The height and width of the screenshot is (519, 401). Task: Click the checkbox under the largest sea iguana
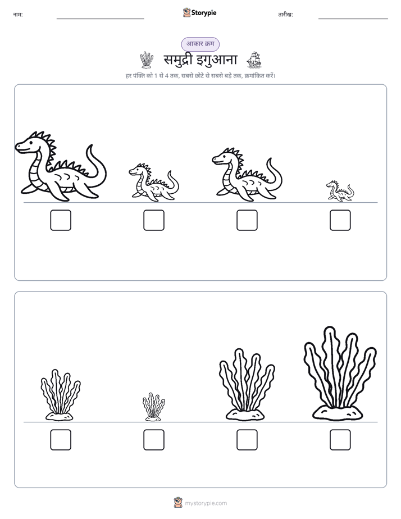pos(61,220)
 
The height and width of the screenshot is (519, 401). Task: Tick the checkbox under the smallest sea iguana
pos(340,220)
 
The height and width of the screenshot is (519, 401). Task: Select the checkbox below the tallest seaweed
pos(340,440)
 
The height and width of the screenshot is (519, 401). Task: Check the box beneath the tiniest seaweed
pos(154,440)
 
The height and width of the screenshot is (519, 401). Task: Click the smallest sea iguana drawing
pos(340,191)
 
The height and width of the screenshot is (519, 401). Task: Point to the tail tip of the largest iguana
pos(90,145)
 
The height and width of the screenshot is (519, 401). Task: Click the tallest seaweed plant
pos(340,374)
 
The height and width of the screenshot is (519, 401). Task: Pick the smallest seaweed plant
pos(153,407)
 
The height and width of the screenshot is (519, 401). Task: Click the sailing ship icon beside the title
pos(254,60)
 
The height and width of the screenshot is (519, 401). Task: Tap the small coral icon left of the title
pos(147,60)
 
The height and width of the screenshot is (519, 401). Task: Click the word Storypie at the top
pos(204,12)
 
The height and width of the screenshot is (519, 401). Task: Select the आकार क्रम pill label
pos(200,44)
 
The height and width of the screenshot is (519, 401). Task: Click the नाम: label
pos(18,15)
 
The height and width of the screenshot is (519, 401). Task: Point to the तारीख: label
pos(285,15)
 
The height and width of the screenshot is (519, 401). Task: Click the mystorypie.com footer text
pos(206,503)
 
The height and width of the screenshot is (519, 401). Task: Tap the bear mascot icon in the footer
pos(178,503)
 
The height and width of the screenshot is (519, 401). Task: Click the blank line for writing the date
pos(353,19)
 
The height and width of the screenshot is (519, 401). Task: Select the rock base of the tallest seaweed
pos(338,413)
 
